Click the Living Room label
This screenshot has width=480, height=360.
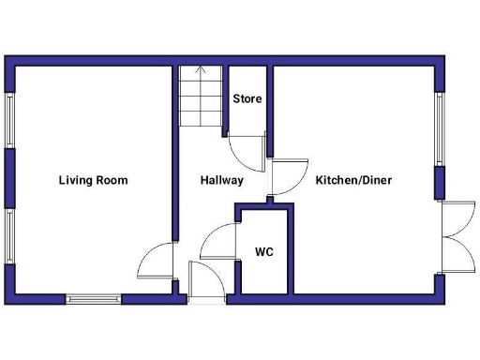point(93,180)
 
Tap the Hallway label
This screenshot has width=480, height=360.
point(221,180)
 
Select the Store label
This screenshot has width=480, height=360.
point(247,98)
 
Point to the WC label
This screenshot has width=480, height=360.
point(264,252)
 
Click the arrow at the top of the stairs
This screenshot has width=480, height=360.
point(200,69)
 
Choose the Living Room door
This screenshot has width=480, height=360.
point(156,262)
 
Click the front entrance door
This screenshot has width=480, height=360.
point(206,281)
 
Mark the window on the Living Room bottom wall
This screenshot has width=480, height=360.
point(93,299)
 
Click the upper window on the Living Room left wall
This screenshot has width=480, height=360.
point(9,119)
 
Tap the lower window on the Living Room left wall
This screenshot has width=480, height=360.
point(9,236)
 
